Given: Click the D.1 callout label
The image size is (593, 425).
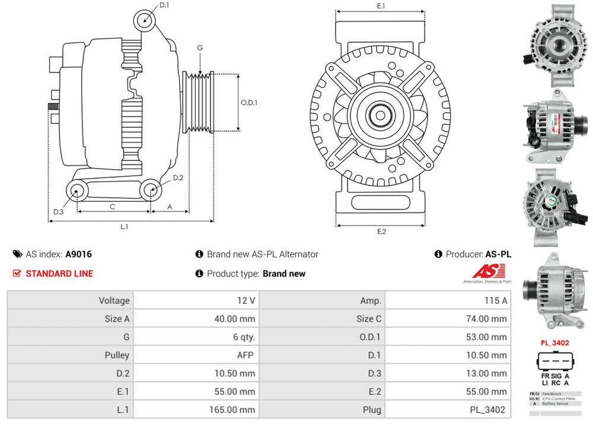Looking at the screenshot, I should [164, 5].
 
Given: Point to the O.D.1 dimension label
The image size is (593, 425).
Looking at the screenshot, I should [249, 102].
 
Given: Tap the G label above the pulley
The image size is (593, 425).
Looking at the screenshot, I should [200, 47].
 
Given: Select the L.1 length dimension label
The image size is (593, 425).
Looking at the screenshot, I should [125, 227].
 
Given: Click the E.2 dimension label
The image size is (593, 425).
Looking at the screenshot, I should [381, 231].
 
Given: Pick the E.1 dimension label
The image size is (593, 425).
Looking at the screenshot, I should [381, 6].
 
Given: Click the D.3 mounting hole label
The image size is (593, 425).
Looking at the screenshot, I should [58, 212].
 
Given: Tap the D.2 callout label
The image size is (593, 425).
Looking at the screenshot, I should [178, 178].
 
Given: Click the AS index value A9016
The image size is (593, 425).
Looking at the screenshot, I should [78, 254].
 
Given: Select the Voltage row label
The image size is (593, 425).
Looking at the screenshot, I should [114, 301].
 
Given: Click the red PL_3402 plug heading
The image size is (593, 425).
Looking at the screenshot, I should [555, 342].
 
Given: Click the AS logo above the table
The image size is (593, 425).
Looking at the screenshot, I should [488, 272].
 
